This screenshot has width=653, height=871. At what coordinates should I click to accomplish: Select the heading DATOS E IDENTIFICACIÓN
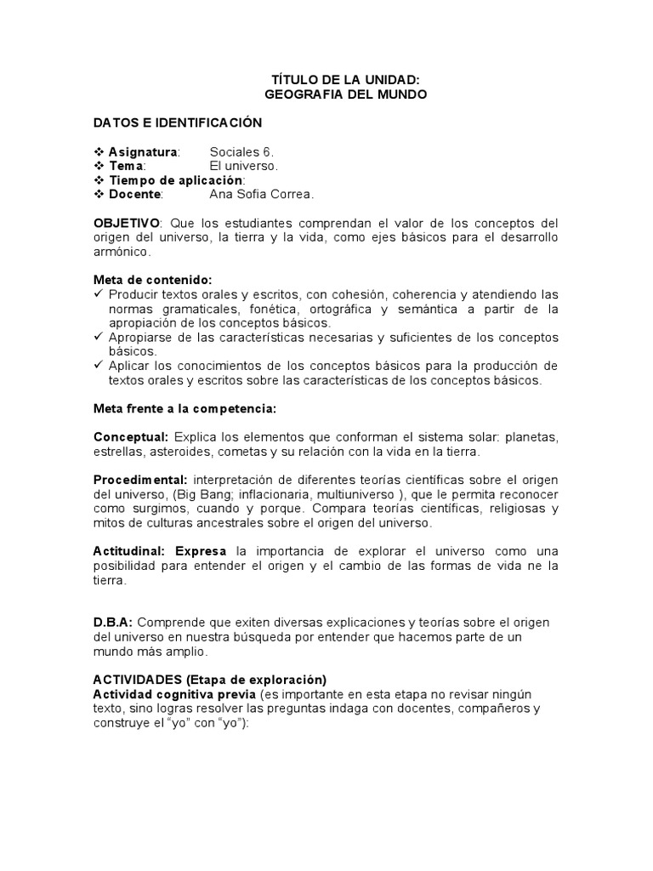178,122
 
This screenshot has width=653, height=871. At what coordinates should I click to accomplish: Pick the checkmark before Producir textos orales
99,294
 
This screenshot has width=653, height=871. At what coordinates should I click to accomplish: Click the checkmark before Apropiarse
99,337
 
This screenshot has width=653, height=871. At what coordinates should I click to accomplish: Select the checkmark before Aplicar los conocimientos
99,366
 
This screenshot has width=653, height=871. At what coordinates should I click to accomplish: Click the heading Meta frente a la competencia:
185,409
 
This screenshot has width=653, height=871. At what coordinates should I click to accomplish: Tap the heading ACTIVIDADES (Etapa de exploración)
209,680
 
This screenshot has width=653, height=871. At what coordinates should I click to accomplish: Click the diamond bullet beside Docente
98,194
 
